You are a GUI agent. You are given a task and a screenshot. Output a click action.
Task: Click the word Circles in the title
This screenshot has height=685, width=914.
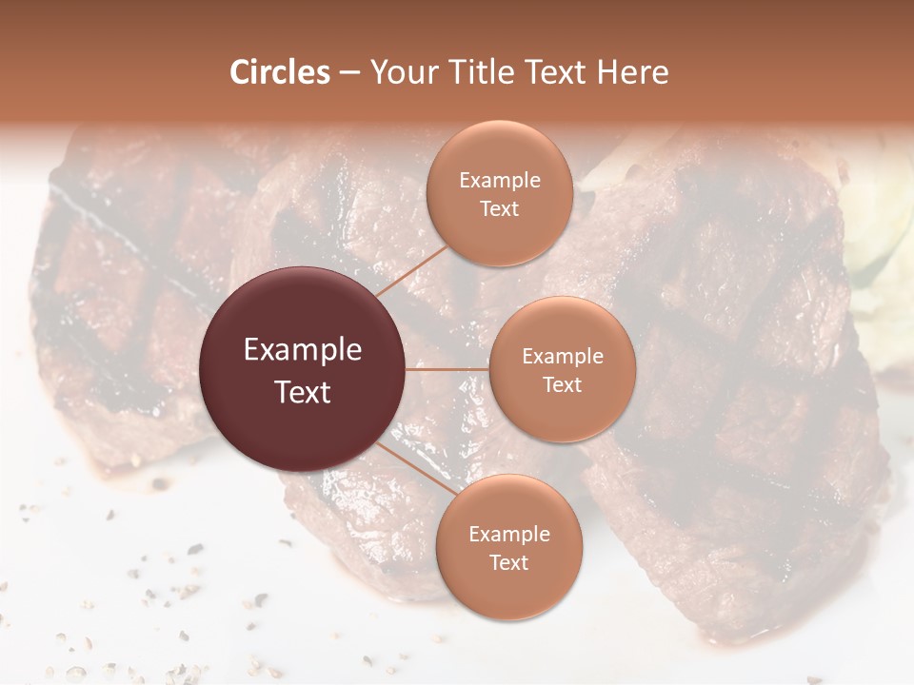[x=280, y=72]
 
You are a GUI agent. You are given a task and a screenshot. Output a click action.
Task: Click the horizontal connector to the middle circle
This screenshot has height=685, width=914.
[x=447, y=369]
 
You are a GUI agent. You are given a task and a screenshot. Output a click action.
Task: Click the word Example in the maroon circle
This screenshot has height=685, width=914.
[x=303, y=350]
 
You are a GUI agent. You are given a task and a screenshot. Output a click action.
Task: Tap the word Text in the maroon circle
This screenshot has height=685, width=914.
[x=303, y=392]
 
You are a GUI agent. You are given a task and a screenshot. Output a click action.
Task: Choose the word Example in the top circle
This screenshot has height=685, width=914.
[x=500, y=181]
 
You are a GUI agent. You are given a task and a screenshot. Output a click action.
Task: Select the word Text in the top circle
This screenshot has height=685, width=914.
[x=499, y=209]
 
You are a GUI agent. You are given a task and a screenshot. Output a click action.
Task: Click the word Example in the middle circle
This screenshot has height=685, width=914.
[x=563, y=357]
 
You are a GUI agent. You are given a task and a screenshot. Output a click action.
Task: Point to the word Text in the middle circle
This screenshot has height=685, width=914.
[x=562, y=384]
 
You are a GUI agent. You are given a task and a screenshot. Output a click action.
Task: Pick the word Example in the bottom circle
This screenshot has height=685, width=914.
[x=509, y=535]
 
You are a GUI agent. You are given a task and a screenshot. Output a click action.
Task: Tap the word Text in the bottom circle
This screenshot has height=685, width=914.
[x=508, y=563]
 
